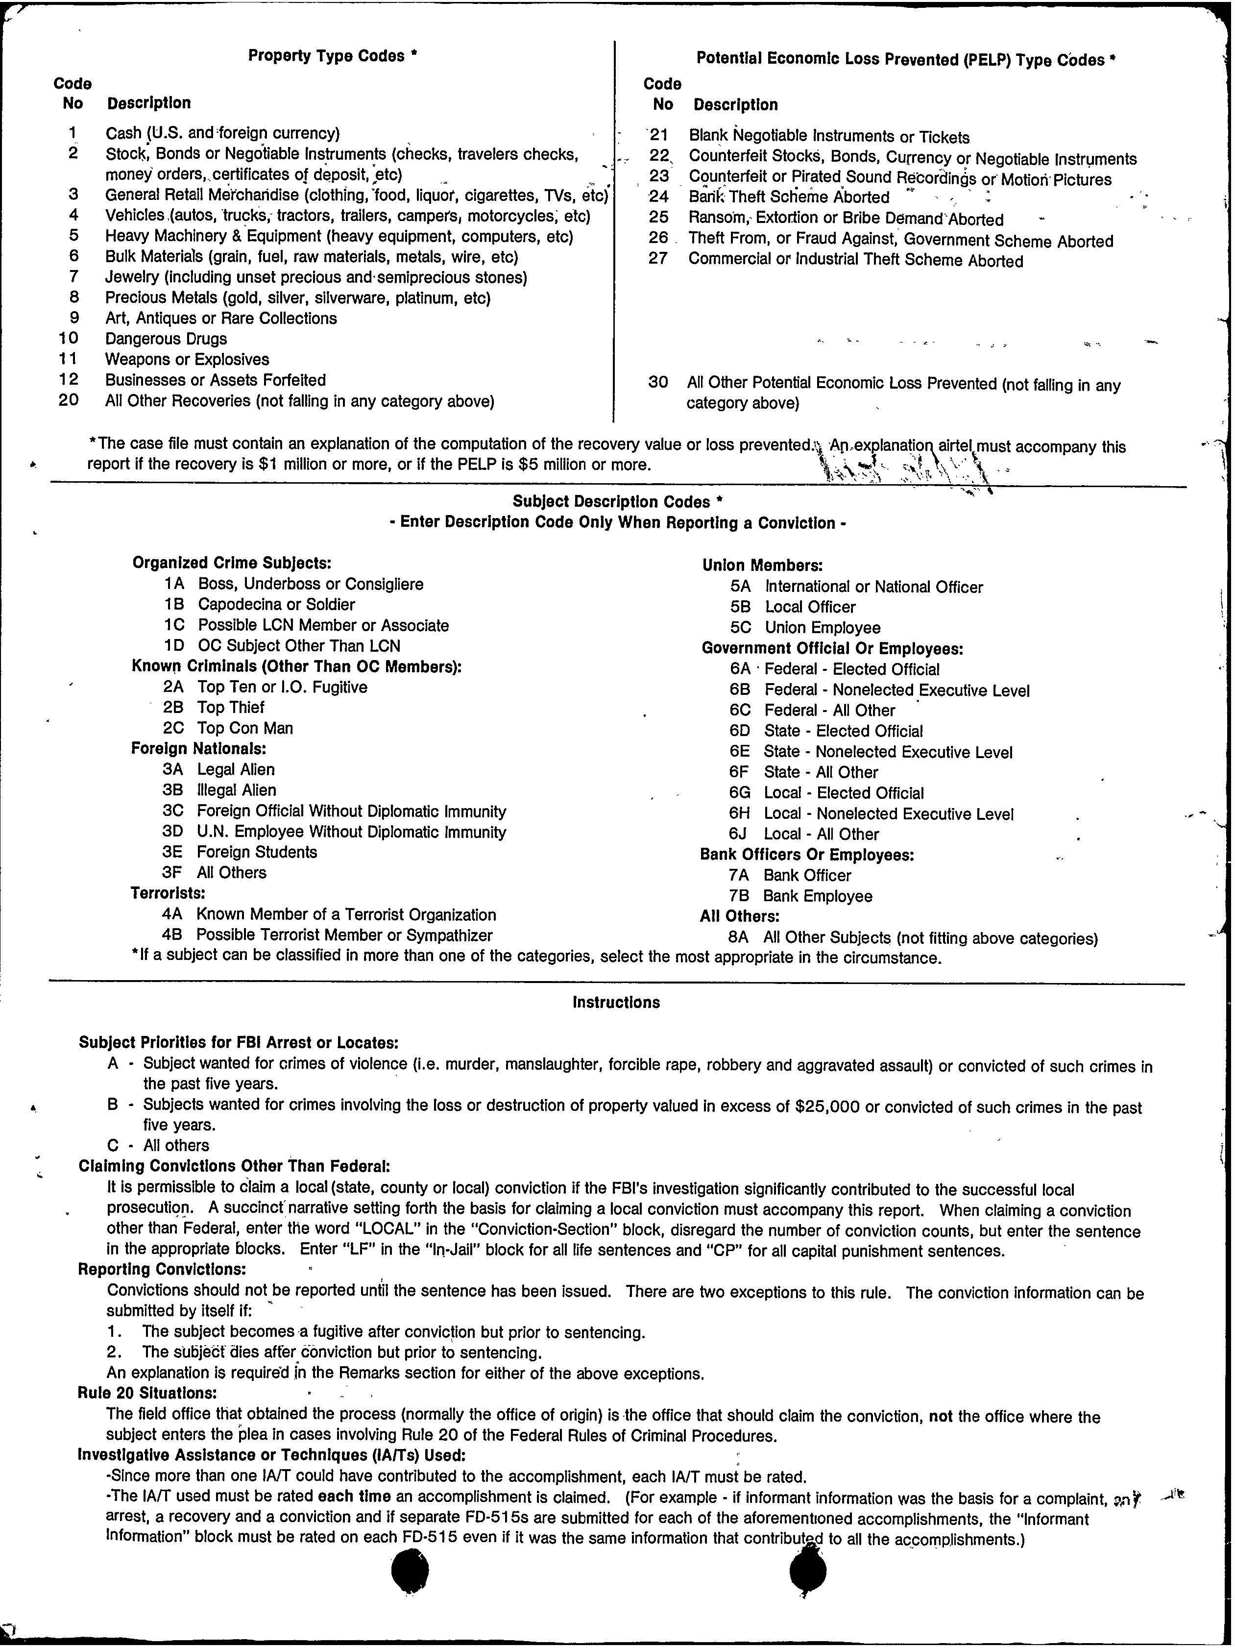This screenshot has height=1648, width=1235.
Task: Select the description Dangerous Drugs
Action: click(166, 339)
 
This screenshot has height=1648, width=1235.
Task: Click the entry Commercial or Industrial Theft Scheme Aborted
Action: click(855, 261)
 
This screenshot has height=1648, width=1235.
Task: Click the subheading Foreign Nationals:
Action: click(198, 748)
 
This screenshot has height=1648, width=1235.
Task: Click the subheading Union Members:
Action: click(762, 566)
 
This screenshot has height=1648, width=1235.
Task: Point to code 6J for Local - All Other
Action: click(740, 835)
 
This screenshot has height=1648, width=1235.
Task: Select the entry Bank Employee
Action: click(817, 896)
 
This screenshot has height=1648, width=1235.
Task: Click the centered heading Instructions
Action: click(616, 1003)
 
